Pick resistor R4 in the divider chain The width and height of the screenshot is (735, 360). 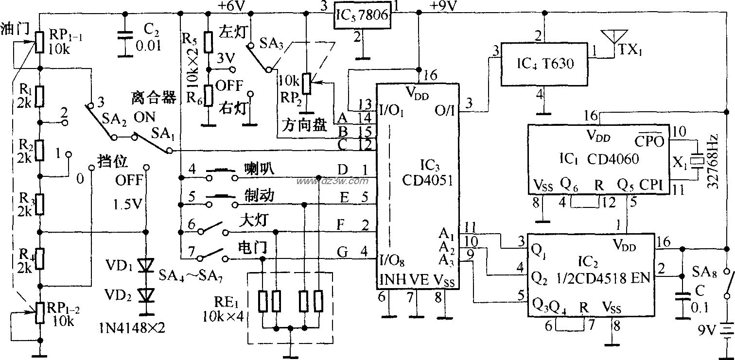point(40,258)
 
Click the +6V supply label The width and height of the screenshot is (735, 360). point(232,6)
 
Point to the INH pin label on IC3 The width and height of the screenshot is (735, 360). point(391,280)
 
